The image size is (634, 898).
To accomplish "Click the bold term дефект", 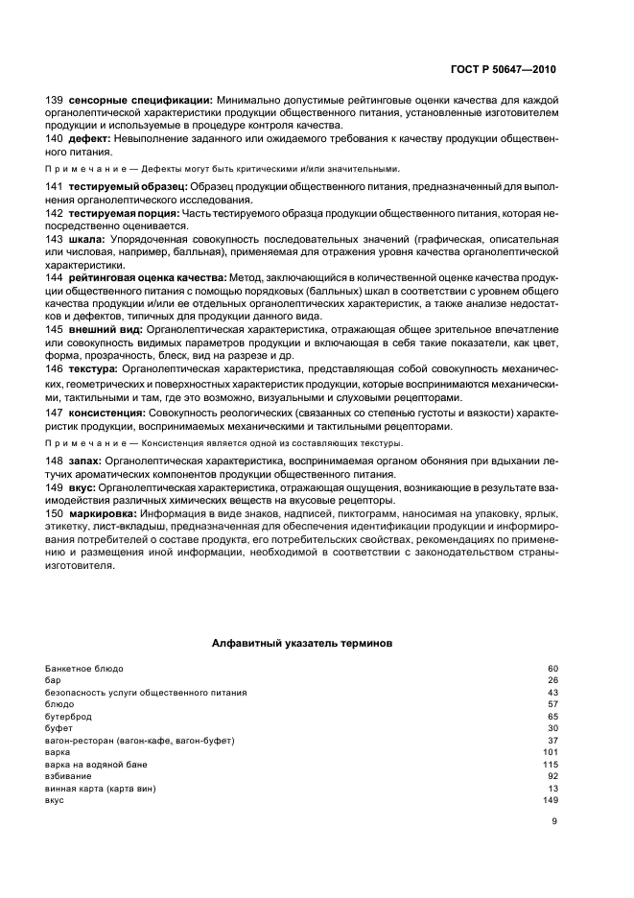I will coord(87,139).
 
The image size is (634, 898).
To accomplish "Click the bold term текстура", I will coord(93,368).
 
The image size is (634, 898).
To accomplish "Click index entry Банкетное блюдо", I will coord(84,668).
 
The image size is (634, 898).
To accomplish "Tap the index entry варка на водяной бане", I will coord(92,764).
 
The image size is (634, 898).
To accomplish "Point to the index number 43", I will coord(552,692).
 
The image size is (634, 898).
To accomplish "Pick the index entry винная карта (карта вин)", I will coord(101,788).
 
